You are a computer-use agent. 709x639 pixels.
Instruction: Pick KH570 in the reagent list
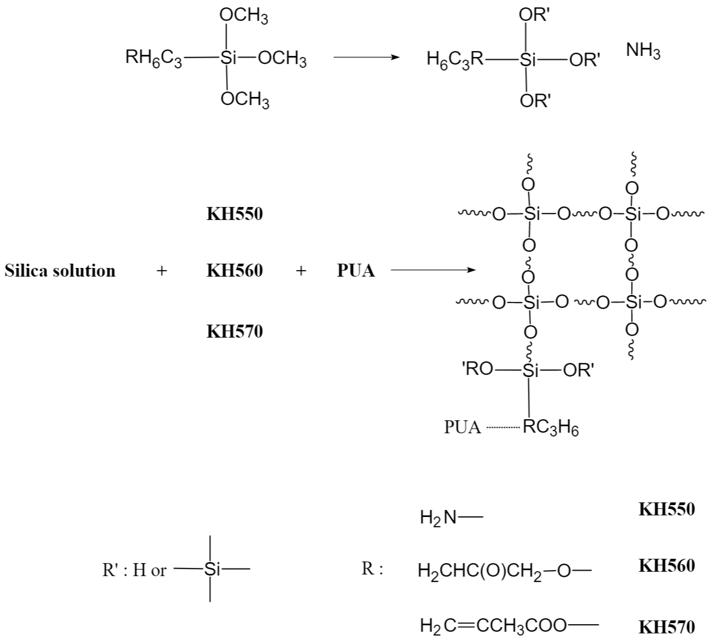234,331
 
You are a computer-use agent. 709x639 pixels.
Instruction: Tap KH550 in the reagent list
234,214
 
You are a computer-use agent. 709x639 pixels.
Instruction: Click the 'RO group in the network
477,369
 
